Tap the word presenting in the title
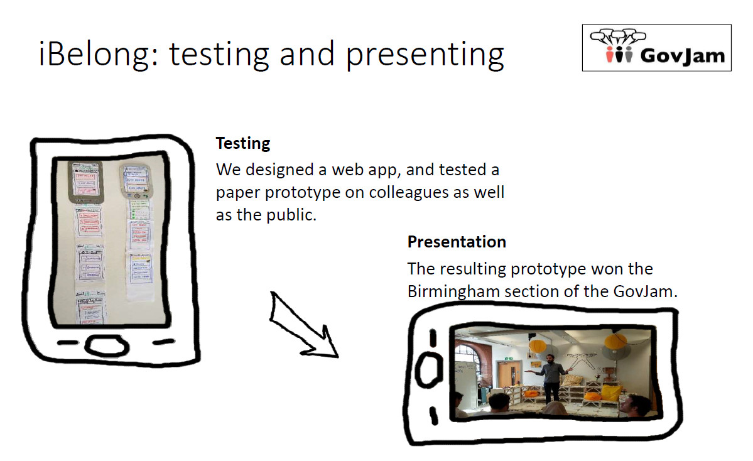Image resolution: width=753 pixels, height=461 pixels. [x=425, y=54]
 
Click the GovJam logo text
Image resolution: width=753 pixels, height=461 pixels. [x=683, y=55]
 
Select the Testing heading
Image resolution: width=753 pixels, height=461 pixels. [x=243, y=144]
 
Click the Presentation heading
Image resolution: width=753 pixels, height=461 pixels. [x=457, y=242]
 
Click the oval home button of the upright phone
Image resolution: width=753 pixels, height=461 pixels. [x=107, y=345]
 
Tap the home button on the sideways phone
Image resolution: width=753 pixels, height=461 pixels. [x=428, y=370]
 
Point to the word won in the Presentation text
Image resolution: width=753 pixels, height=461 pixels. [x=607, y=269]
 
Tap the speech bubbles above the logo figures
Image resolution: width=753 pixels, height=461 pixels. [x=618, y=36]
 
